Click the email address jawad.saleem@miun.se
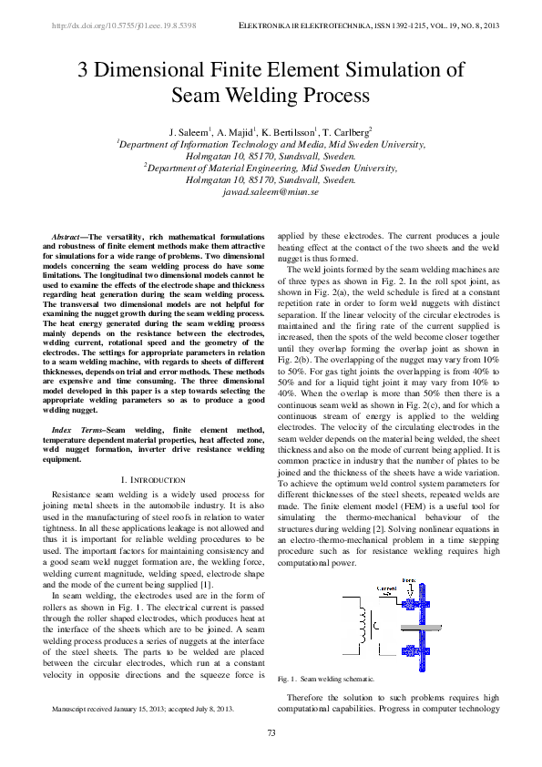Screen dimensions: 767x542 coord(271,193)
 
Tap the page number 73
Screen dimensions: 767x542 coord(271,734)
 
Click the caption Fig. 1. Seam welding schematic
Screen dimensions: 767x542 coord(326,679)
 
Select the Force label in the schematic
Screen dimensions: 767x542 coord(408,580)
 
